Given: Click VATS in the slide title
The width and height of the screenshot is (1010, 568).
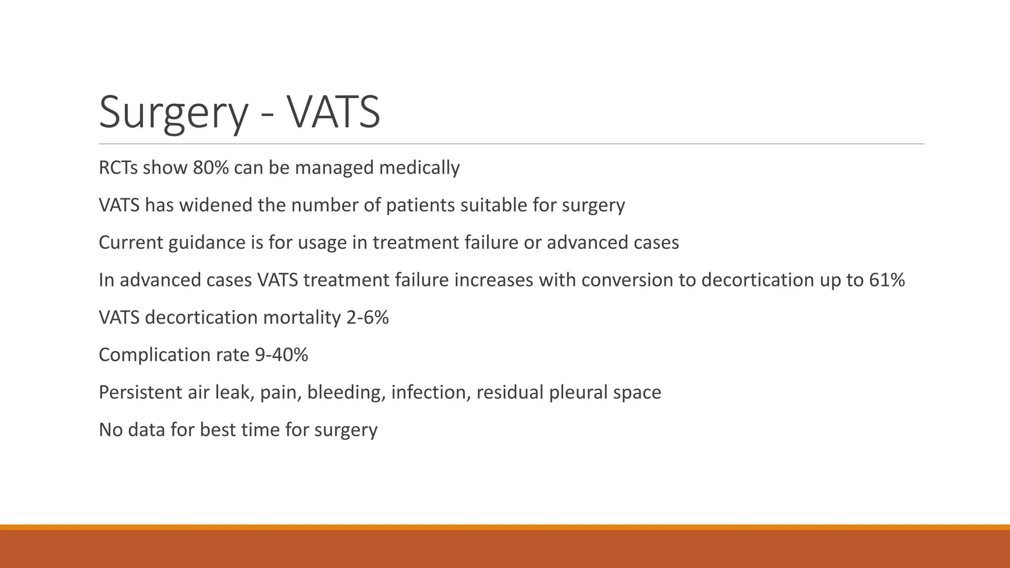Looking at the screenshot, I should pos(333,112).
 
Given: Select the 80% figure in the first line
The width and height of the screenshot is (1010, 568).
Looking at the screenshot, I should pos(211,168).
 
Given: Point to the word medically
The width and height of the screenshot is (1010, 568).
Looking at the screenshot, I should pos(419,168).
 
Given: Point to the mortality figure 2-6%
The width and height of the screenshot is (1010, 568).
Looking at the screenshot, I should pos(367,318).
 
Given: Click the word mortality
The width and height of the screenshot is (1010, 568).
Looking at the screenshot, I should pos(302,318).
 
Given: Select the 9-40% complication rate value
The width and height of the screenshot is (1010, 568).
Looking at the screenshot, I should pos(281,355).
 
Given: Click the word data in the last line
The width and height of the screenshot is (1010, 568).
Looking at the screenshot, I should pos(146,430).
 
